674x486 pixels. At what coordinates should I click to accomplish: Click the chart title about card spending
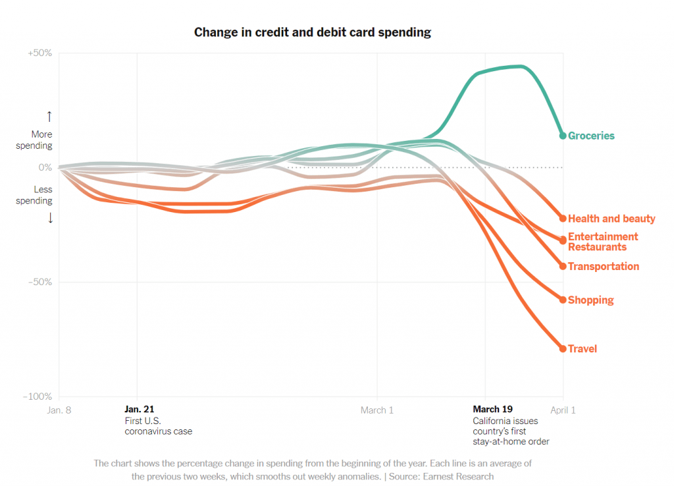click(313, 32)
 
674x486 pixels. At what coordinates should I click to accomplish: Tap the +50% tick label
click(40, 53)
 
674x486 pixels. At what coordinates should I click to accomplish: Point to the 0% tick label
click(45, 167)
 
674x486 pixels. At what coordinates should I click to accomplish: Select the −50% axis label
click(40, 282)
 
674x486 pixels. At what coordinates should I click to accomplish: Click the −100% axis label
click(38, 396)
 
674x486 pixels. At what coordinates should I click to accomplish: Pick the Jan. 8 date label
click(59, 410)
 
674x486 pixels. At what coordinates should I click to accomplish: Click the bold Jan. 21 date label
click(139, 410)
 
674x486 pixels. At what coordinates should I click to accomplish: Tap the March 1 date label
click(377, 410)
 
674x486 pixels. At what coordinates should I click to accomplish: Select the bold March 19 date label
click(492, 410)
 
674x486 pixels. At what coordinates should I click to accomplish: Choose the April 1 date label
click(563, 410)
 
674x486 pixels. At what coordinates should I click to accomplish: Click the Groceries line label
click(591, 136)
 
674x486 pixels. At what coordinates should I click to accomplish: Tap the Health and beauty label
click(611, 219)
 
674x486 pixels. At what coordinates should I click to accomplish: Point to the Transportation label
click(604, 267)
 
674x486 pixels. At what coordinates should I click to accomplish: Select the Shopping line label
click(590, 300)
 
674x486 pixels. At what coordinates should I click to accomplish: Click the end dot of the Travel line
click(563, 348)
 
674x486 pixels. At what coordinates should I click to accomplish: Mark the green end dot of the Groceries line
click(563, 136)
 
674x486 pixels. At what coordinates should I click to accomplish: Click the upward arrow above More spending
click(49, 117)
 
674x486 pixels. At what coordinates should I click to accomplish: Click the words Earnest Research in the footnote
click(459, 476)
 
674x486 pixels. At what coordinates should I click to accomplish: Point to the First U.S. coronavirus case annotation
click(159, 426)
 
